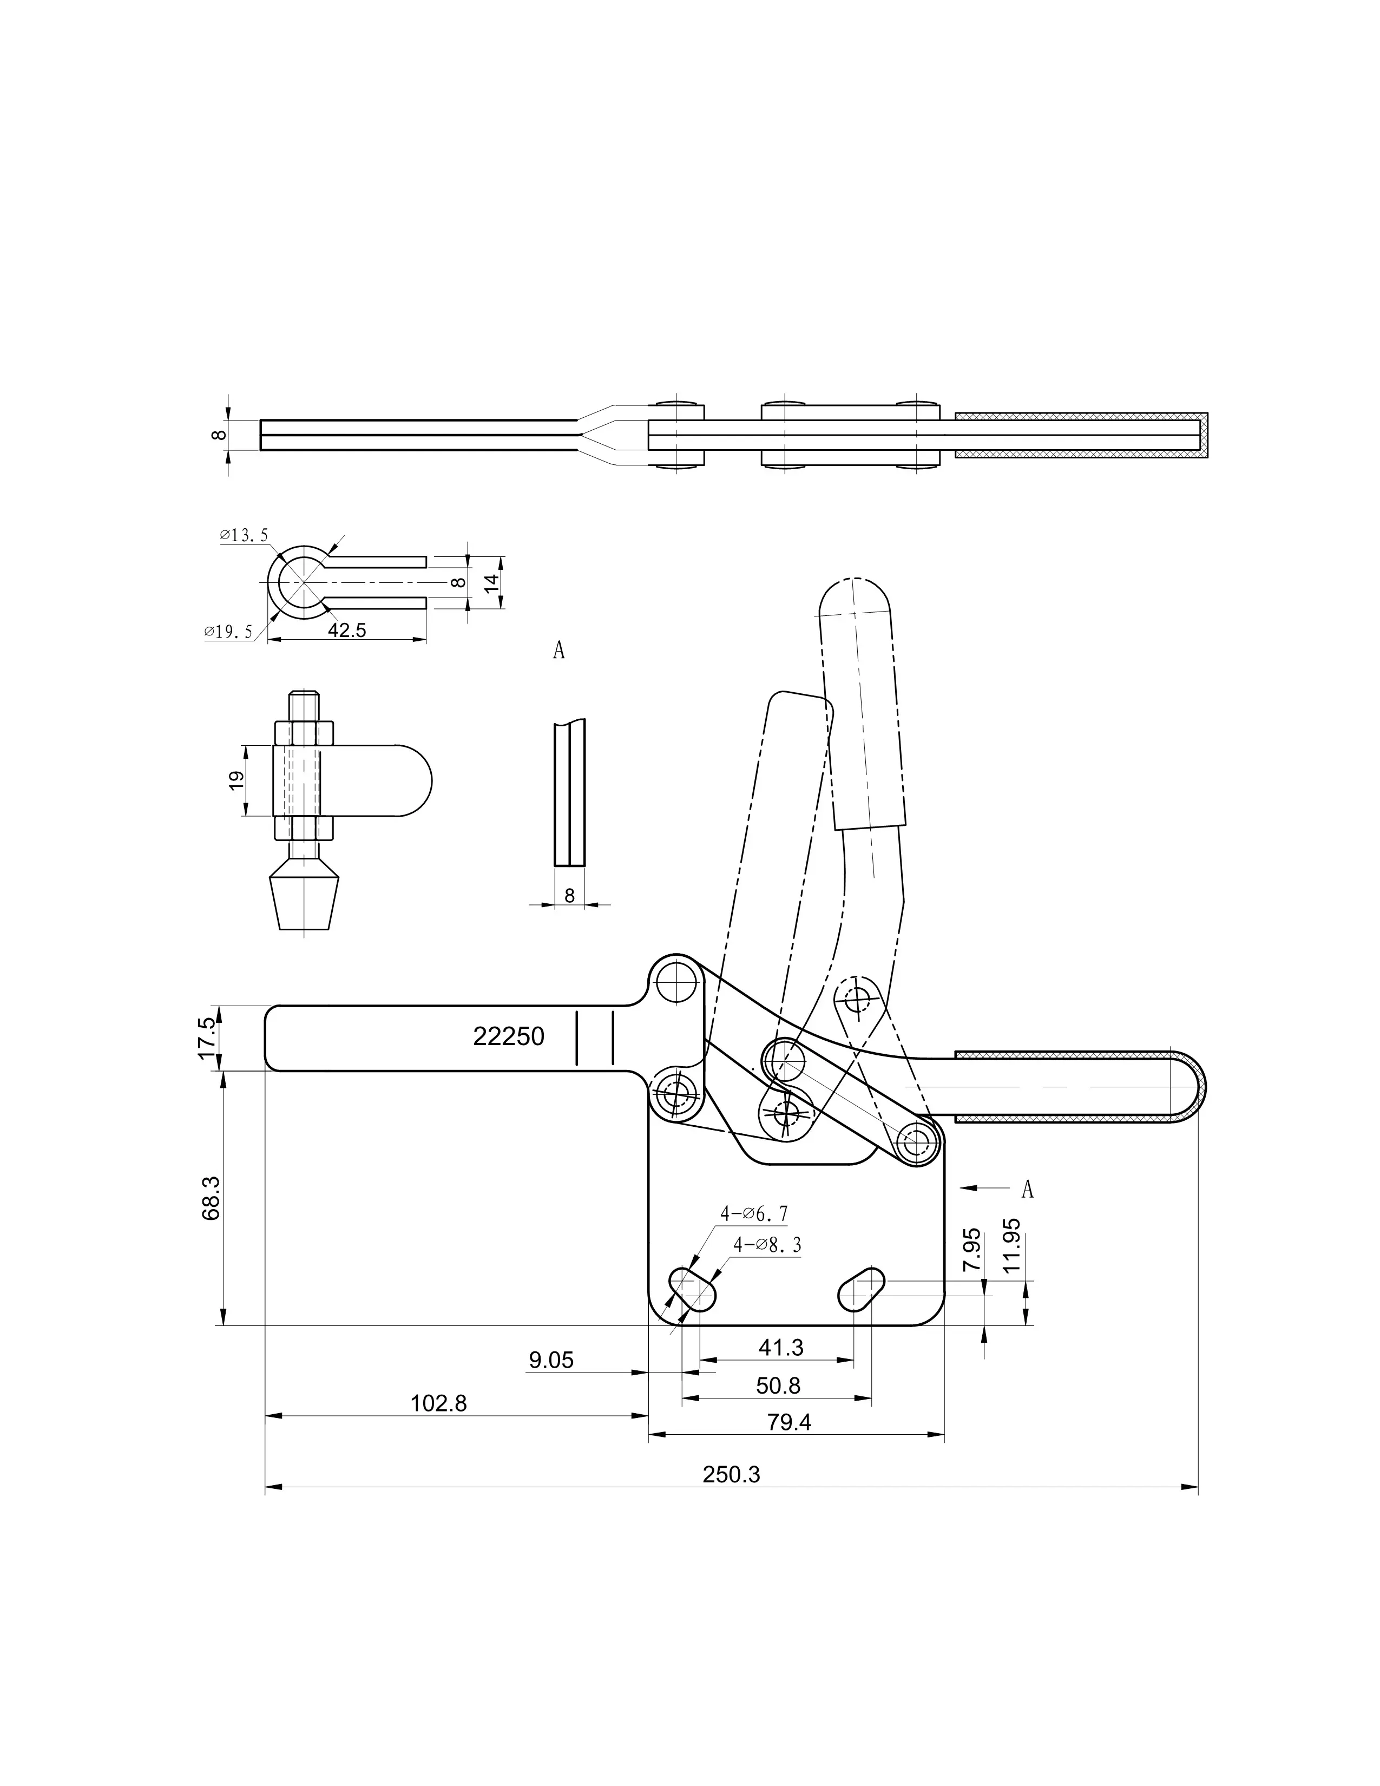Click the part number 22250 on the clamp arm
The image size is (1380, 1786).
pyautogui.click(x=509, y=1036)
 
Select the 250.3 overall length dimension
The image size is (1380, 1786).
pyautogui.click(x=731, y=1474)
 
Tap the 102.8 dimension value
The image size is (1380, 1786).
pyautogui.click(x=438, y=1403)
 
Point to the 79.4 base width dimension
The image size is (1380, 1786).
pyautogui.click(x=789, y=1422)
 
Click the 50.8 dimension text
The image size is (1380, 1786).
pyautogui.click(x=778, y=1386)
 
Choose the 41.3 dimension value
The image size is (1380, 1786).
pyautogui.click(x=781, y=1347)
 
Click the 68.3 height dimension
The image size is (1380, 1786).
pyautogui.click(x=211, y=1198)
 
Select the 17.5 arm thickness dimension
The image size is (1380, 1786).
pyautogui.click(x=208, y=1037)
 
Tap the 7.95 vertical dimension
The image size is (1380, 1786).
pyautogui.click(x=972, y=1249)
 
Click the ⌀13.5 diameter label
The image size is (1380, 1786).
pyautogui.click(x=244, y=536)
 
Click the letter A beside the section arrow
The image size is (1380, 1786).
pyautogui.click(x=1028, y=1189)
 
